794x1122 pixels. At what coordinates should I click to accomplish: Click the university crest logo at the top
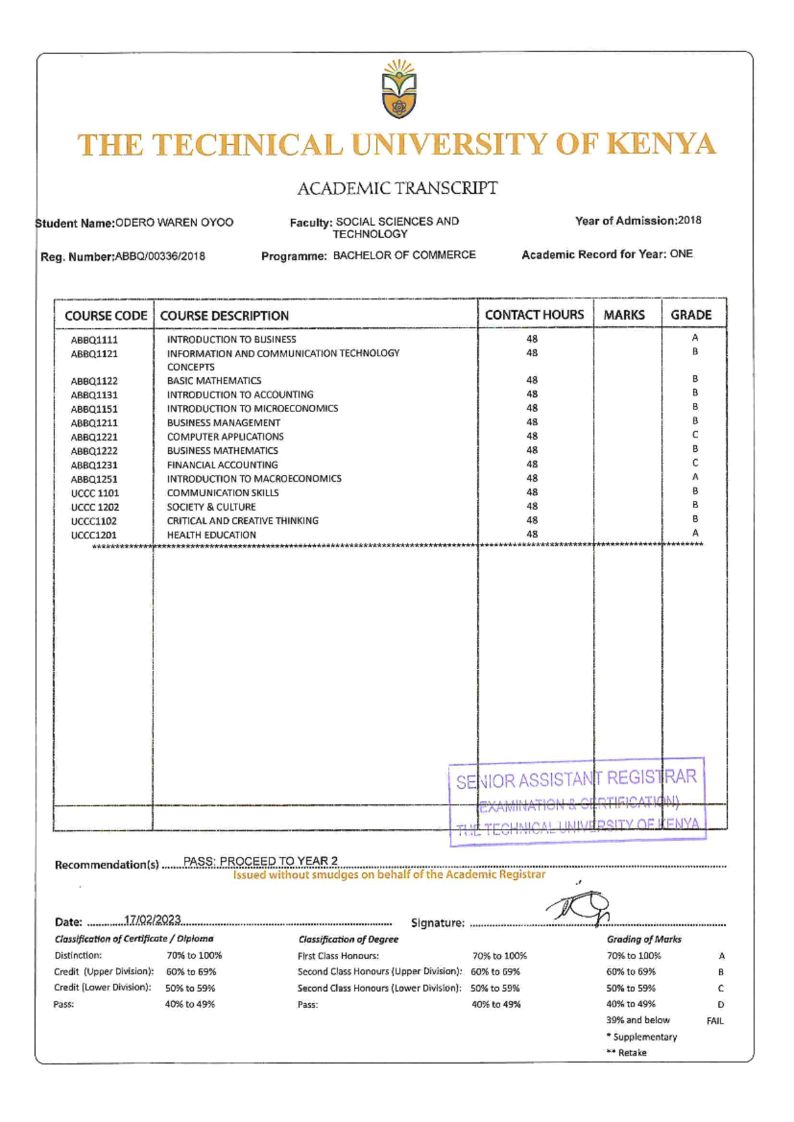point(399,89)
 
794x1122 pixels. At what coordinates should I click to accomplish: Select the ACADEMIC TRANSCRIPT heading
point(397,189)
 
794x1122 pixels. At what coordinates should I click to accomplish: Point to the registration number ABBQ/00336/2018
point(160,256)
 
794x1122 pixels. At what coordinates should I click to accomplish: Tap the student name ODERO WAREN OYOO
point(175,223)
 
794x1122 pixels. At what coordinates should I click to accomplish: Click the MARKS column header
point(624,315)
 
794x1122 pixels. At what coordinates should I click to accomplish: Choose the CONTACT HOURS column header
point(535,315)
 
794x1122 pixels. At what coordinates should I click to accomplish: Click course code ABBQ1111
point(95,340)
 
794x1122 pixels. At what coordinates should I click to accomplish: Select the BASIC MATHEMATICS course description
point(214,380)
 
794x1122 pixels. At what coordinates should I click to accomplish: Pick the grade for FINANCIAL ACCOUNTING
point(695,463)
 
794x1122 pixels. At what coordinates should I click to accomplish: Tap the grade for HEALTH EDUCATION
point(695,533)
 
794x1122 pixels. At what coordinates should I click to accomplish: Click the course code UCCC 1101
point(95,493)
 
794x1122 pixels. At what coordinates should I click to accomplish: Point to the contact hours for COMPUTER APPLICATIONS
point(532,436)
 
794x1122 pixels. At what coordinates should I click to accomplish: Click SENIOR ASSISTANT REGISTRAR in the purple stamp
point(576,779)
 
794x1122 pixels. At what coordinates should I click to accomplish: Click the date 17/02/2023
point(153,920)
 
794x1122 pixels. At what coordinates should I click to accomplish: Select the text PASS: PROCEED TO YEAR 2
point(261,861)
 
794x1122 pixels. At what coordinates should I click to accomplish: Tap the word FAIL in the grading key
point(715,1021)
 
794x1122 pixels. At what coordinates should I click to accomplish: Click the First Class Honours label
point(338,956)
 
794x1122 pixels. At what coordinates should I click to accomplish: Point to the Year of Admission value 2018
point(689,221)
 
